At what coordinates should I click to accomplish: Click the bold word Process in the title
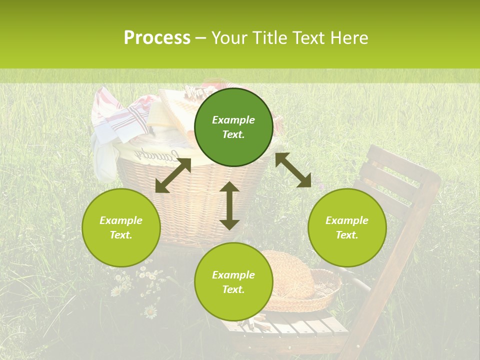[157, 38]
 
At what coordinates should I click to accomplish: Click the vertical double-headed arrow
[229, 205]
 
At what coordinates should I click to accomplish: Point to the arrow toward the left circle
[173, 175]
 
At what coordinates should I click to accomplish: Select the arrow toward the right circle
[293, 170]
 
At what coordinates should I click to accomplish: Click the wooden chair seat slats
[295, 327]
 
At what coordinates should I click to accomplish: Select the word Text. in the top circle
[233, 134]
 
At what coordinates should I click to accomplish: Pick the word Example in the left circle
[121, 220]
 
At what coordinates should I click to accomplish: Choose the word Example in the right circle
[347, 220]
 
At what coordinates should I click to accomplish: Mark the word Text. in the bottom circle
[233, 289]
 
